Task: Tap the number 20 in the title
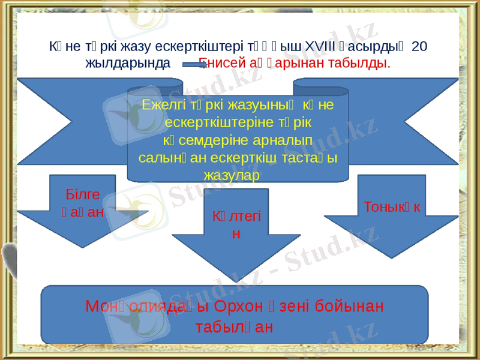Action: (420, 47)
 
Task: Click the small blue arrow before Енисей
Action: (190, 62)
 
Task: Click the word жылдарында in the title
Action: (127, 62)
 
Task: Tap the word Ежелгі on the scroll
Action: (161, 104)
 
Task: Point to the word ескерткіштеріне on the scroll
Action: (209, 121)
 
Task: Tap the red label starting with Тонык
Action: (392, 206)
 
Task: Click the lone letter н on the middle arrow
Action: (236, 234)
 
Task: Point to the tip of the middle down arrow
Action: (236, 280)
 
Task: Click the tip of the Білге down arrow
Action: (82, 247)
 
